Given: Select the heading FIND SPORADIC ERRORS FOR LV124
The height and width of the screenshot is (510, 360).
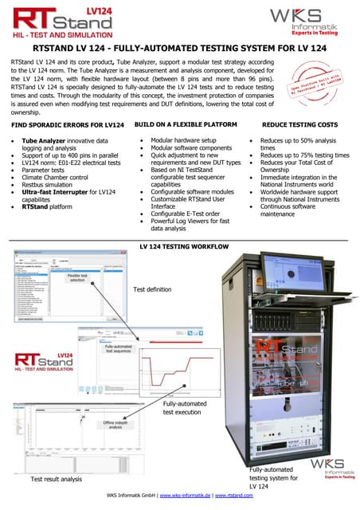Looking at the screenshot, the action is (x=68, y=127).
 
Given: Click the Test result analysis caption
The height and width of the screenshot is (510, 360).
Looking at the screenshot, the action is (x=56, y=479).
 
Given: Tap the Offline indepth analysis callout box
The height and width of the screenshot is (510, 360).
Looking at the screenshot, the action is (x=112, y=426).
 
